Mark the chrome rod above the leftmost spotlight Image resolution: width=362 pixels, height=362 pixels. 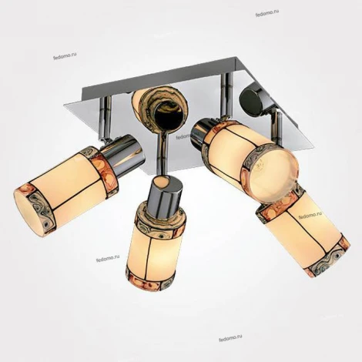tap(105, 119)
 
